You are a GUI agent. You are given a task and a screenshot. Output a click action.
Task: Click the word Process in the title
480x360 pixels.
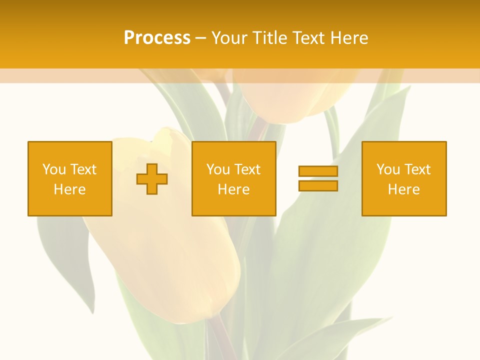click(x=157, y=38)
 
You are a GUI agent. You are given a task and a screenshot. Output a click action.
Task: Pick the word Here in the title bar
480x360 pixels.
click(x=350, y=38)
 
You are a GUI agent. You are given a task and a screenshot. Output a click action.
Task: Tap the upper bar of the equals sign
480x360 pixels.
click(x=318, y=171)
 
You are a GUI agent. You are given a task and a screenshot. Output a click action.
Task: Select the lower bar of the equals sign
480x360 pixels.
click(x=318, y=186)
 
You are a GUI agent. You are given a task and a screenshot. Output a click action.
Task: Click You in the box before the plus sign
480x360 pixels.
click(x=53, y=169)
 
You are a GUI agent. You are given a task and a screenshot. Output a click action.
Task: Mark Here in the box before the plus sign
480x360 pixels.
click(x=69, y=189)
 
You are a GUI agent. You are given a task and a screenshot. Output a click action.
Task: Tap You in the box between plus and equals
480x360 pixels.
click(x=217, y=169)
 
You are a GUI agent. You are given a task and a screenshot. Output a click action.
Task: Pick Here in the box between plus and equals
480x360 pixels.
click(x=233, y=189)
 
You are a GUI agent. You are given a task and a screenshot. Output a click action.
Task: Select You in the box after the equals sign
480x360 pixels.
click(x=387, y=169)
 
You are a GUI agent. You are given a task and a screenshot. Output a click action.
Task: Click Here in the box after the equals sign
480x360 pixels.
click(x=403, y=189)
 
